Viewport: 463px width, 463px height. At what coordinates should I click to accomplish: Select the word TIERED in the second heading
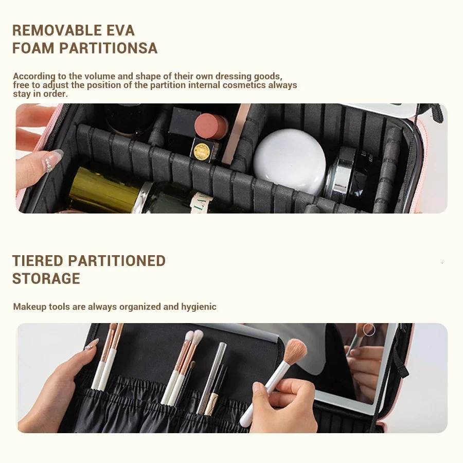[x=37, y=261]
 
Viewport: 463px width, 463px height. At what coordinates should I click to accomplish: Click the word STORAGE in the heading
[x=46, y=279]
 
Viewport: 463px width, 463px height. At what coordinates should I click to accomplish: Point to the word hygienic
[x=199, y=307]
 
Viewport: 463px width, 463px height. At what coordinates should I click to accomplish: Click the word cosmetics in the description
[x=244, y=85]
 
